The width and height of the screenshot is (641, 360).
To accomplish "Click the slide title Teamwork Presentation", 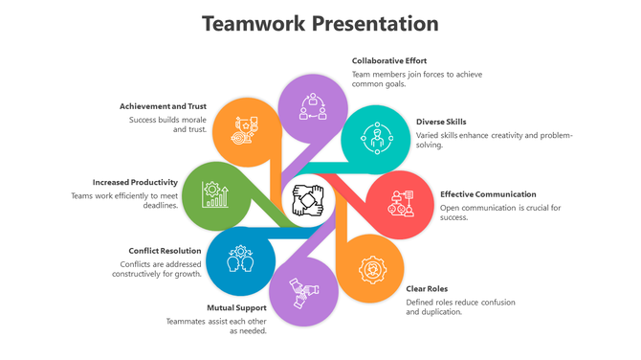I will click(320, 23).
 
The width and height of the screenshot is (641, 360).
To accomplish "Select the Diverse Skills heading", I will click(441, 122).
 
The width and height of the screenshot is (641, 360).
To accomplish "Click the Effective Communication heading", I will click(488, 194).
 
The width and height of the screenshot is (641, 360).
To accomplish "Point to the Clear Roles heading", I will click(427, 288).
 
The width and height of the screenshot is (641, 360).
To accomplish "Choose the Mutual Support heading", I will click(237, 307).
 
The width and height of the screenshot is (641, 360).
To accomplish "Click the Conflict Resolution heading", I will click(165, 251).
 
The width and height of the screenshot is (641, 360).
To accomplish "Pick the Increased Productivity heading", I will click(135, 182).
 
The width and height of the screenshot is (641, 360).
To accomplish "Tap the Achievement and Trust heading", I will click(162, 106).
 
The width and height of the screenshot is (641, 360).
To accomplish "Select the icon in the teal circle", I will click(376, 140).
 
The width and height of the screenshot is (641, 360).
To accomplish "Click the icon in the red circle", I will click(400, 204).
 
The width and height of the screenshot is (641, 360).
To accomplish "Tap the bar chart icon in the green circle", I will click(215, 195).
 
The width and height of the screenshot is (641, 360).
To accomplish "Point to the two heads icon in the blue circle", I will click(239, 259).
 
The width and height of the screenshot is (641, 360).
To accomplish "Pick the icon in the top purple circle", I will click(313, 105).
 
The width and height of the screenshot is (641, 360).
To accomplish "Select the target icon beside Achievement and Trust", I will click(245, 131).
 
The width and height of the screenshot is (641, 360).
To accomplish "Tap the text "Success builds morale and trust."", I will click(168, 124).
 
